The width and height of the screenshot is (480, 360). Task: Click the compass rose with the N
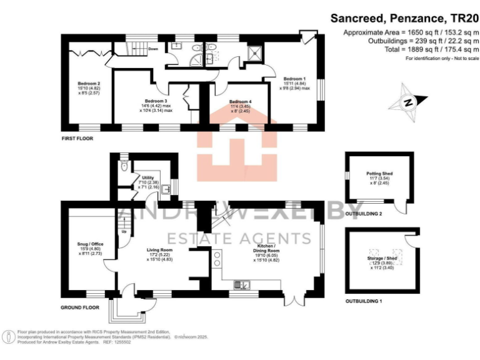409,101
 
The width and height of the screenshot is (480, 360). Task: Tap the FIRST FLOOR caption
77,137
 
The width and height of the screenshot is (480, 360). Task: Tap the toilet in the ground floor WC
124,166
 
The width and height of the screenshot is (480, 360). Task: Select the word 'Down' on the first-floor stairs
152,48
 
